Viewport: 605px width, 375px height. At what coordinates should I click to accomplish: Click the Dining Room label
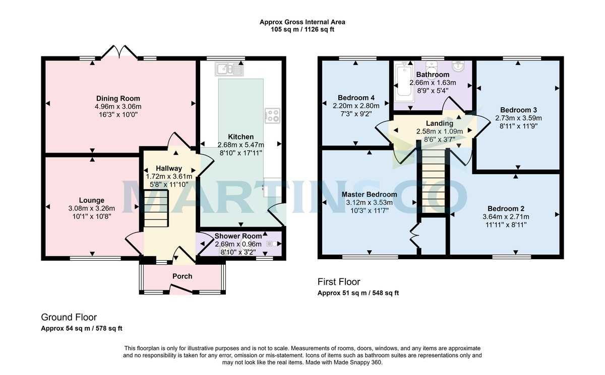coord(118,98)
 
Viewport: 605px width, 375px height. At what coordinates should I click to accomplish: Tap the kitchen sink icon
coord(229,68)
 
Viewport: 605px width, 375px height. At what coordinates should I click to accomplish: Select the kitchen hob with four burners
coord(272,115)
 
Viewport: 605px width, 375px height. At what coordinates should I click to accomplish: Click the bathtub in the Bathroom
coord(404,80)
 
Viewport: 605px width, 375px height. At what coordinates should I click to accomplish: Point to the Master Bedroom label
coord(369,194)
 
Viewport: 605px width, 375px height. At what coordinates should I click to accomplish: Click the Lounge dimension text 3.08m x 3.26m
coord(91,208)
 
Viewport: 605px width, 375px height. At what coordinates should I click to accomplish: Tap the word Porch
coord(182,276)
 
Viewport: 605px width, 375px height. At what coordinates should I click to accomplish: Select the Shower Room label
coord(238,236)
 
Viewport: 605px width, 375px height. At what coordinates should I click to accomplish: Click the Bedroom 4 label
coord(356,97)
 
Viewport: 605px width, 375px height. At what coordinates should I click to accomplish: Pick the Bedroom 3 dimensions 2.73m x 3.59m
coord(518,118)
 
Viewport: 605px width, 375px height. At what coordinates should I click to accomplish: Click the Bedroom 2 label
coord(506,208)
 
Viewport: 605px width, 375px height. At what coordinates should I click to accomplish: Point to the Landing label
coord(439,123)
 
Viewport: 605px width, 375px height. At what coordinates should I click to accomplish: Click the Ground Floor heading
coord(69,317)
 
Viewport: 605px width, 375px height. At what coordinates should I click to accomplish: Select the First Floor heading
coord(339,282)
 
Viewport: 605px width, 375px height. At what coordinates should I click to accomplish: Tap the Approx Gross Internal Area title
coord(302,22)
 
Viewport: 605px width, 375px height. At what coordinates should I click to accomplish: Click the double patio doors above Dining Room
coord(119,52)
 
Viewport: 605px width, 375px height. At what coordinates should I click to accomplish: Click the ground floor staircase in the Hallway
coord(155,208)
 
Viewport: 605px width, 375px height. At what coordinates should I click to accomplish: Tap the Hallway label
coord(168,168)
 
